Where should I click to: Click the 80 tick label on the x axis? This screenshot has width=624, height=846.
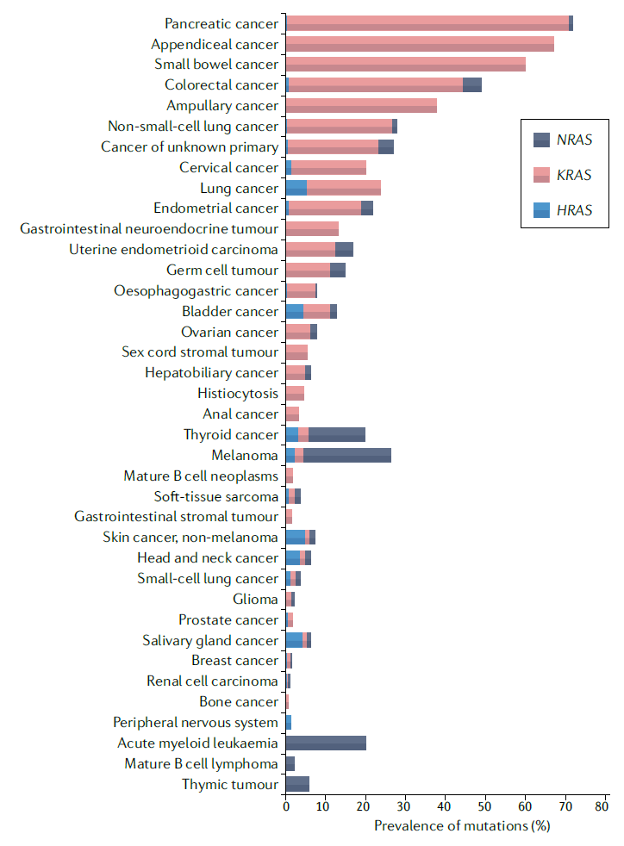tap(602, 807)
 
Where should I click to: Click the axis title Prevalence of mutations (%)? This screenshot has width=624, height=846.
tap(462, 826)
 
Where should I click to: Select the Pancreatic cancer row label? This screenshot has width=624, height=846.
tap(222, 23)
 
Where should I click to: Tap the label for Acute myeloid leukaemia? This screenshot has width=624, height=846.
tap(197, 743)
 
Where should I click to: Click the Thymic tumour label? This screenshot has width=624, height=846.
tap(230, 784)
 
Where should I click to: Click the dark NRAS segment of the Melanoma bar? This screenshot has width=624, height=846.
tap(346, 455)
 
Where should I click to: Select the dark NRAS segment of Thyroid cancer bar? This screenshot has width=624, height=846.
tap(336, 435)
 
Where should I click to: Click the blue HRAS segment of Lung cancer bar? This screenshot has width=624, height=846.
tap(296, 188)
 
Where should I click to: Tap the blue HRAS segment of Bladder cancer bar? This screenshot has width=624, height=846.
tap(294, 311)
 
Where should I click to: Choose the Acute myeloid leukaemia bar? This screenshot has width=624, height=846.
tap(326, 743)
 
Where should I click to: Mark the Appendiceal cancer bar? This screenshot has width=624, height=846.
tap(420, 44)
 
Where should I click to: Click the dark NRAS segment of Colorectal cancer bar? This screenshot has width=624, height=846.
tap(472, 84)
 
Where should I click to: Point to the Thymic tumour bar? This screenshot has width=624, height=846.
tap(297, 784)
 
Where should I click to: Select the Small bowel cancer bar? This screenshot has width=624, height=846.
tap(405, 65)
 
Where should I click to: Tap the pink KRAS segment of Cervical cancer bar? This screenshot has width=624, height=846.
tap(328, 167)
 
